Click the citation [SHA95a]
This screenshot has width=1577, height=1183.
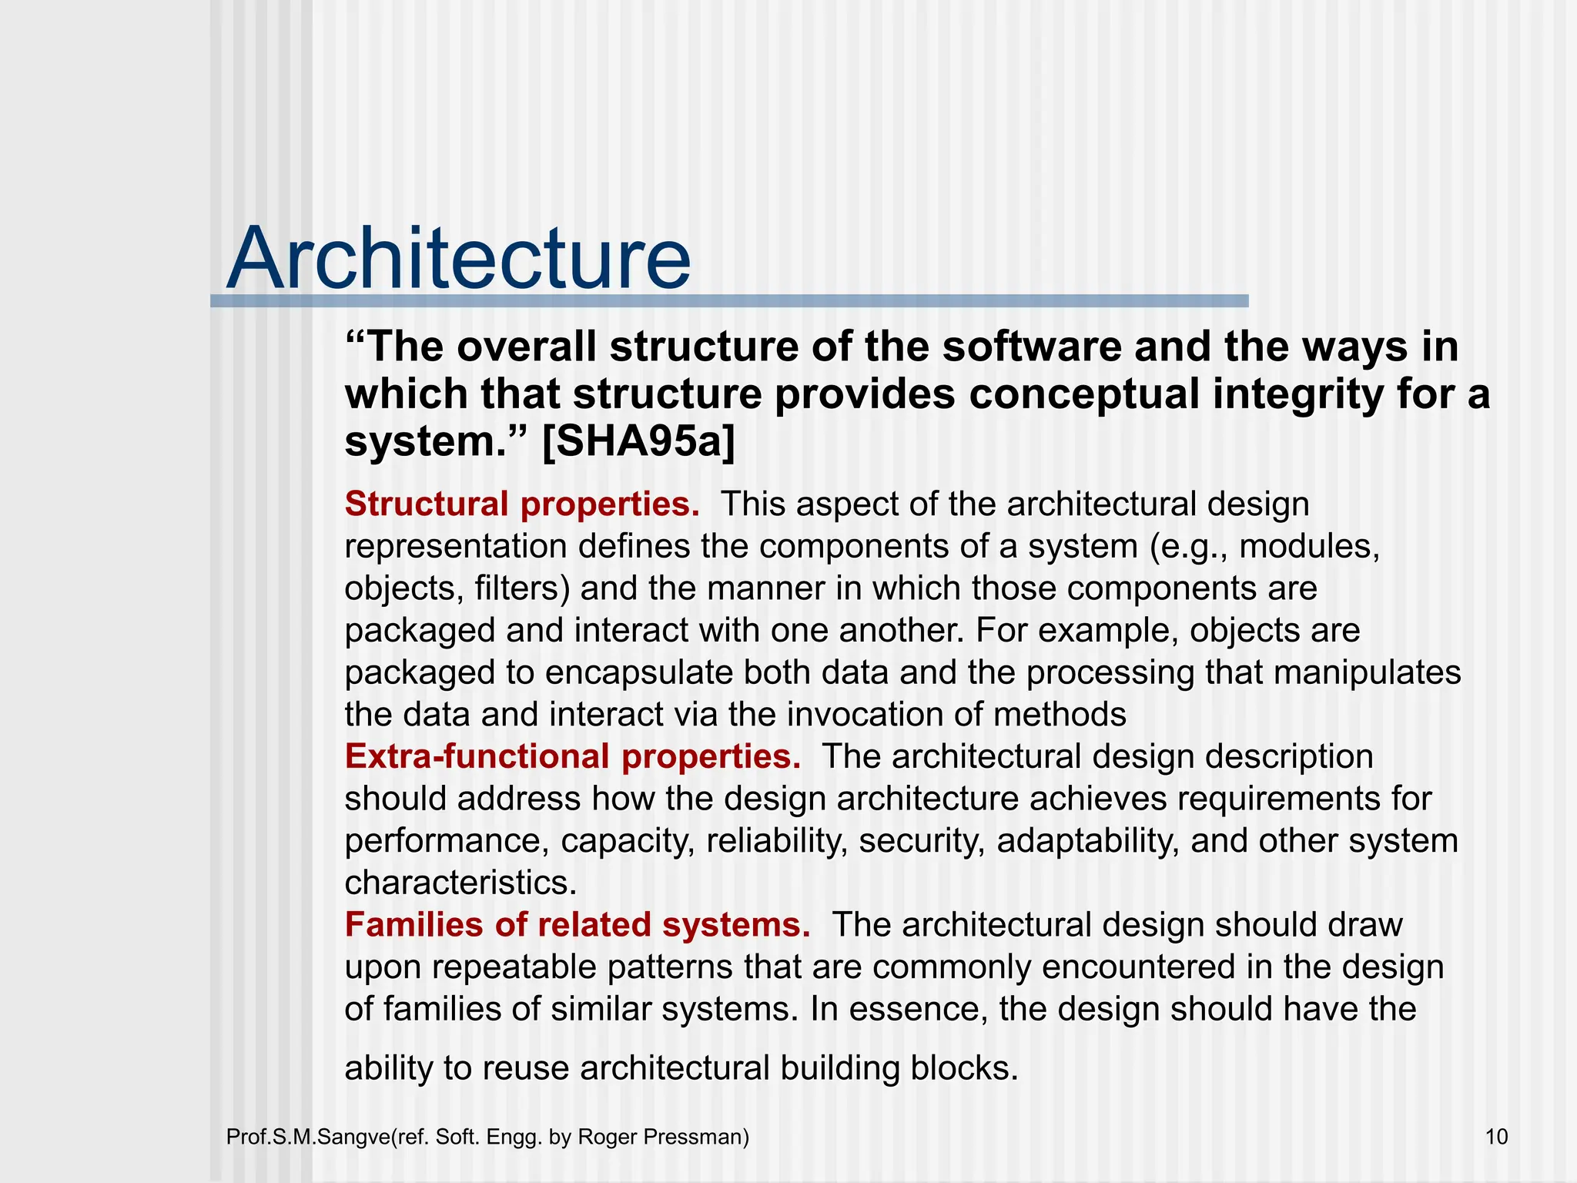[x=638, y=442]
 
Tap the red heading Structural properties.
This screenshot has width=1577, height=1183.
[x=522, y=504]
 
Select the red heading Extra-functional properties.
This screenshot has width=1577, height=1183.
[x=572, y=756]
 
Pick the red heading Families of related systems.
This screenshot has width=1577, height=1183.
[x=577, y=925]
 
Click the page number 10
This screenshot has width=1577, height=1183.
[x=1496, y=1137]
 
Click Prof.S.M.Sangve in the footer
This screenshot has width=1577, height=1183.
[x=308, y=1137]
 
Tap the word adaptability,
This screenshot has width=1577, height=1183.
[x=1088, y=840]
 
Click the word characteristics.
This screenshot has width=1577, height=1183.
[x=460, y=883]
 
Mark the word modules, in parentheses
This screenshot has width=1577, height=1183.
[x=1309, y=547]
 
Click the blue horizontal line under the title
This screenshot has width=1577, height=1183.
[x=728, y=301]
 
